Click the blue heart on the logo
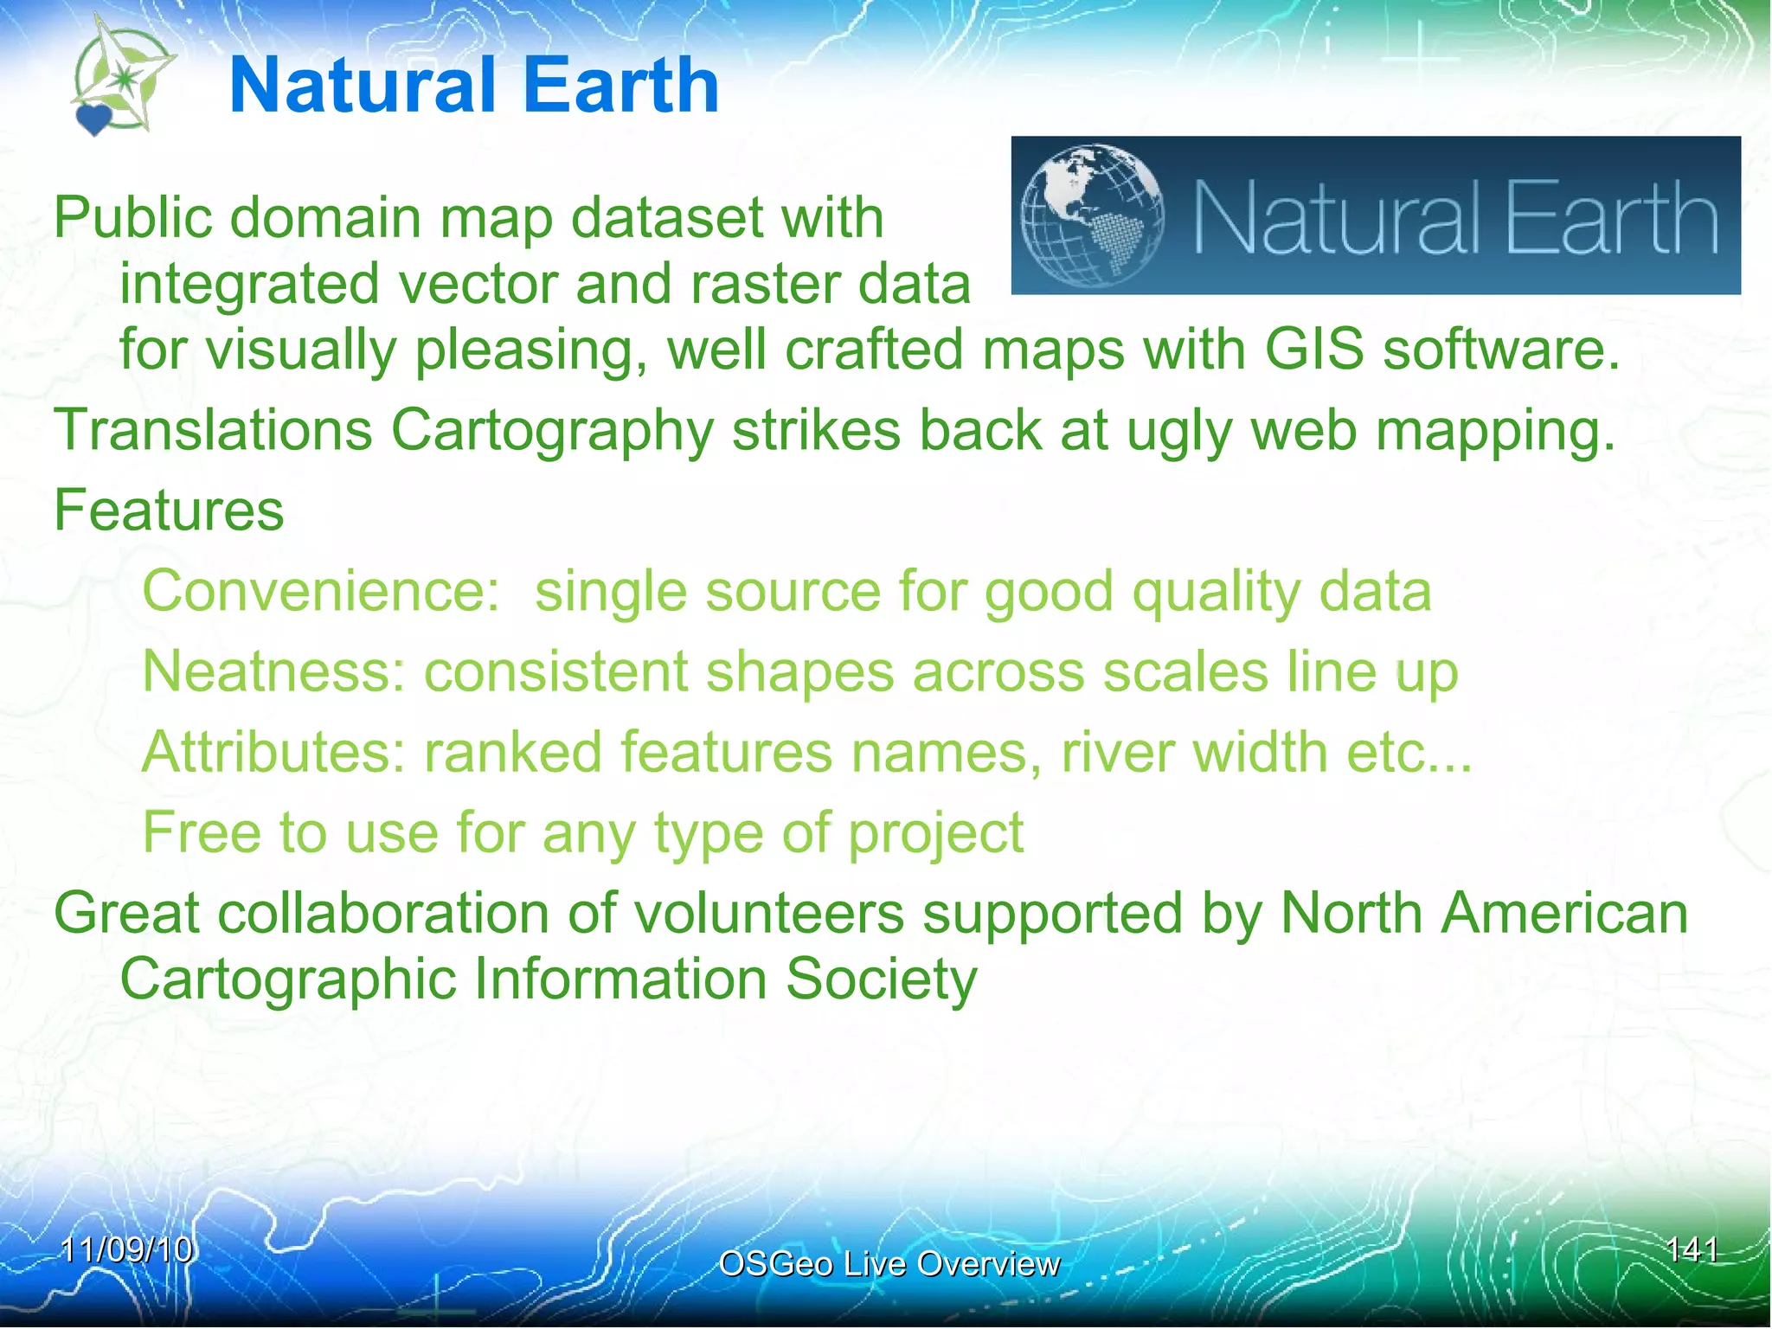click(93, 119)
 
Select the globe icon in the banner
click(1092, 215)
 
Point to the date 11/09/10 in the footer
click(127, 1249)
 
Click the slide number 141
click(1692, 1249)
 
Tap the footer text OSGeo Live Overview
click(889, 1264)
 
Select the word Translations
click(213, 430)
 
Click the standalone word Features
click(169, 510)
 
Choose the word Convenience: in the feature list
click(321, 591)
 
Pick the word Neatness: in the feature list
click(273, 671)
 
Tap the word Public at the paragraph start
click(132, 217)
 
